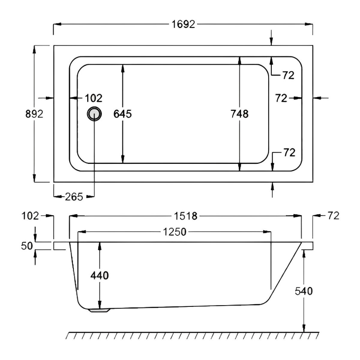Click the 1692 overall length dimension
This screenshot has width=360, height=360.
pos(183,24)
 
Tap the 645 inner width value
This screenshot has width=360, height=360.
pos(122,114)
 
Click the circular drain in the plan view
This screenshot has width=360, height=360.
pos(94,113)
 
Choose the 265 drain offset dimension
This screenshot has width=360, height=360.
pos(73,196)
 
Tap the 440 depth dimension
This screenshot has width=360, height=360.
pos(99,275)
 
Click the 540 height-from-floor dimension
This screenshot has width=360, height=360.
pos(304,291)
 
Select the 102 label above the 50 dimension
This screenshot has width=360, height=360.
pos(30,216)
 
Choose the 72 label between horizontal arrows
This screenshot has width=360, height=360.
pos(281,98)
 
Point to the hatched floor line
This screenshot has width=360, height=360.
pos(193,335)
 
